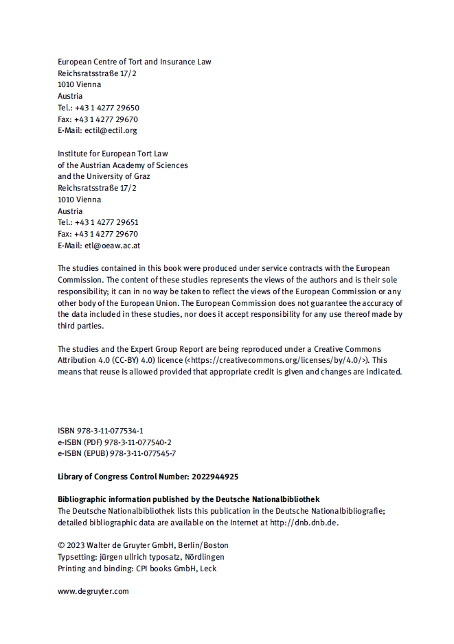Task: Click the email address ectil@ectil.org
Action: [111, 130]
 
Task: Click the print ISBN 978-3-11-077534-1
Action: [111, 431]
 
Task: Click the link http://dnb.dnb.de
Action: [304, 523]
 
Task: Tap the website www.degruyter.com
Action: [93, 591]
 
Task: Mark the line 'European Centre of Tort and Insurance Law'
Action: [134, 62]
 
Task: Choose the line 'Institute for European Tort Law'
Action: [113, 154]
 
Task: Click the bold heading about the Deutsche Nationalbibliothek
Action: [188, 499]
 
